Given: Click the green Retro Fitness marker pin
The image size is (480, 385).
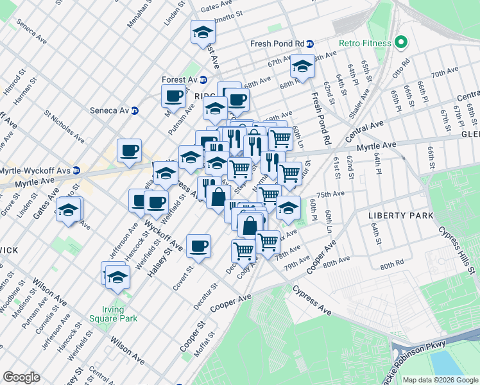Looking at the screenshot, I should click(x=401, y=43).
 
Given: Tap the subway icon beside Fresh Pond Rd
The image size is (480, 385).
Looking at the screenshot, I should click(x=310, y=44).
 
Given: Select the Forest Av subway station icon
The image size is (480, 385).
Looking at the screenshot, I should click(x=203, y=80).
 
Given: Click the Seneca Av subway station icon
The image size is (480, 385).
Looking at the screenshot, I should click(x=135, y=110).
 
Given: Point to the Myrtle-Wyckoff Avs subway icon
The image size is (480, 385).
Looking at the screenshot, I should click(x=76, y=170).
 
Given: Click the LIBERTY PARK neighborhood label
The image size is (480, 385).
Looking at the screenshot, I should click(x=401, y=216).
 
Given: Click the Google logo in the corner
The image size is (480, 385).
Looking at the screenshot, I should click(x=22, y=377).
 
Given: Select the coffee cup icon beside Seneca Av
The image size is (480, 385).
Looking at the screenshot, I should click(x=173, y=96).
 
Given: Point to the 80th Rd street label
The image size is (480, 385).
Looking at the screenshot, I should click(x=391, y=264).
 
